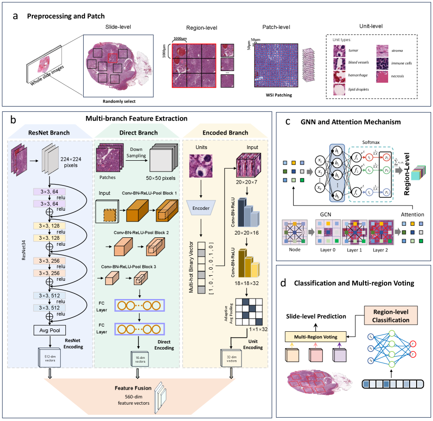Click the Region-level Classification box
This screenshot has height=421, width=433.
point(391,317)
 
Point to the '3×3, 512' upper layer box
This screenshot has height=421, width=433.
point(49,296)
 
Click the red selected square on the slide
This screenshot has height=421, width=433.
point(113,57)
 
